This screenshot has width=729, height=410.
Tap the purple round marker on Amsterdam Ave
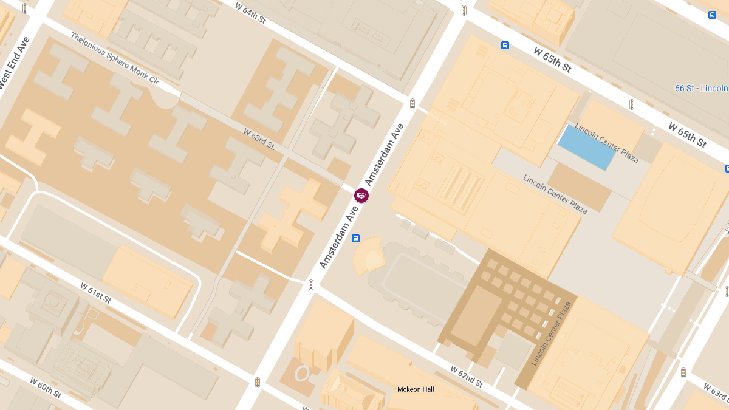click(361, 196)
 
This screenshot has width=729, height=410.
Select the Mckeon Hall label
click(416, 389)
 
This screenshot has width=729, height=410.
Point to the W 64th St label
click(250, 12)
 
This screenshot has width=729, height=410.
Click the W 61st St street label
click(96, 292)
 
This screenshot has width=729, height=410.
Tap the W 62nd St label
click(467, 377)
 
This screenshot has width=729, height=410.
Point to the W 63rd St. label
click(259, 138)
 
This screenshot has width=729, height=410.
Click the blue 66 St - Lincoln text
click(701, 89)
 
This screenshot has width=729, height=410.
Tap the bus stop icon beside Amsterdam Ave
click(355, 238)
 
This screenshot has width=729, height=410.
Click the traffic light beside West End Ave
click(25, 9)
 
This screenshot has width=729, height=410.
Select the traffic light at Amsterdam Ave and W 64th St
click(412, 104)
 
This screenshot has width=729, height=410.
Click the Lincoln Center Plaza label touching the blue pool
click(606, 143)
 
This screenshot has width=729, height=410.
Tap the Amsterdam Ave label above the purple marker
click(385, 155)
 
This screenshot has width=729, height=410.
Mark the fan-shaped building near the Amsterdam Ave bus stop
click(369, 256)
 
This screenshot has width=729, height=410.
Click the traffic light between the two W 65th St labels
click(632, 104)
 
